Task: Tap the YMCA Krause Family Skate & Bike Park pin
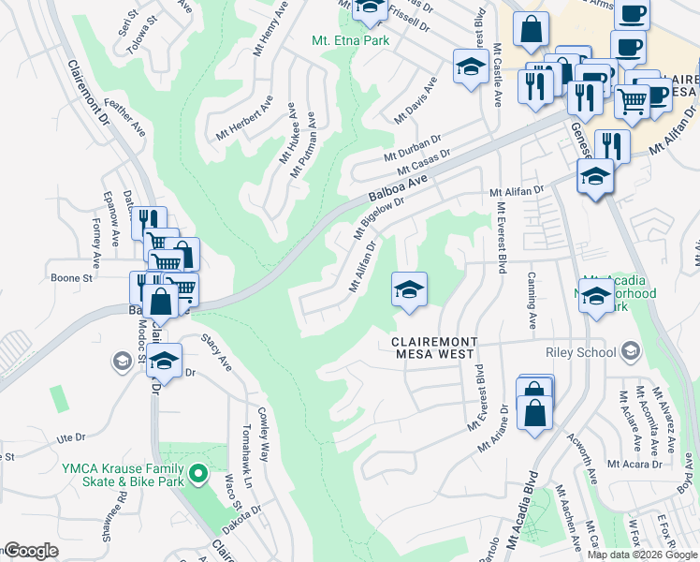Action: tap(197, 475)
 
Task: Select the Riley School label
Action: tap(581, 352)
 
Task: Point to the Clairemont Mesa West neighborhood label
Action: tap(434, 349)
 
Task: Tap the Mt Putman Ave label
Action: tap(303, 146)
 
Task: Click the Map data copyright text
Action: tap(642, 555)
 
